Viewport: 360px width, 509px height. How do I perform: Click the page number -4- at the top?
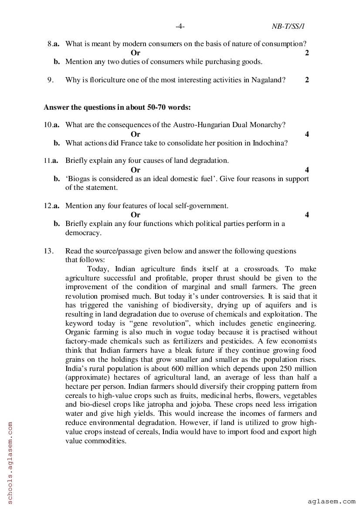coord(180,27)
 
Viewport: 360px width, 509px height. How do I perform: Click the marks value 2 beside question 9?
coord(307,80)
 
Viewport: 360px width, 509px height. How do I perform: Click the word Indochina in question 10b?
coord(270,143)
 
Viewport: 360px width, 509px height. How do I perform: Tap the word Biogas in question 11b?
coord(78,179)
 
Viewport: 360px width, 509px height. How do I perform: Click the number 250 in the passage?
coord(274,368)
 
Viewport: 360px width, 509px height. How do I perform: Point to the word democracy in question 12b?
coord(83,233)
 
